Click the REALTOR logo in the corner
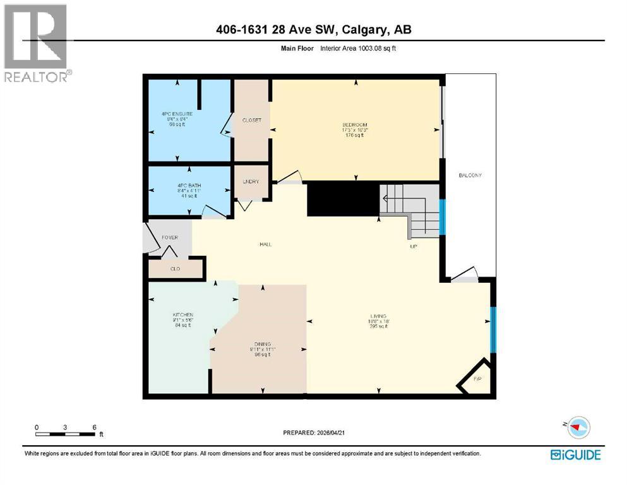pos(36,42)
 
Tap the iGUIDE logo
pos(575,454)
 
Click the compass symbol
pos(577,428)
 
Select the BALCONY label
pos(470,175)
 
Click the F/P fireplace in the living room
pos(477,380)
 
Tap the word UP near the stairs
pos(414,246)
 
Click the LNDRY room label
pos(251,182)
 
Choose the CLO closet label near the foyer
pos(176,269)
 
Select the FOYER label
pos(170,237)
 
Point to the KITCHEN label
pos(182,314)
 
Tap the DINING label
pos(259,344)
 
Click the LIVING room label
pos(379,316)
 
